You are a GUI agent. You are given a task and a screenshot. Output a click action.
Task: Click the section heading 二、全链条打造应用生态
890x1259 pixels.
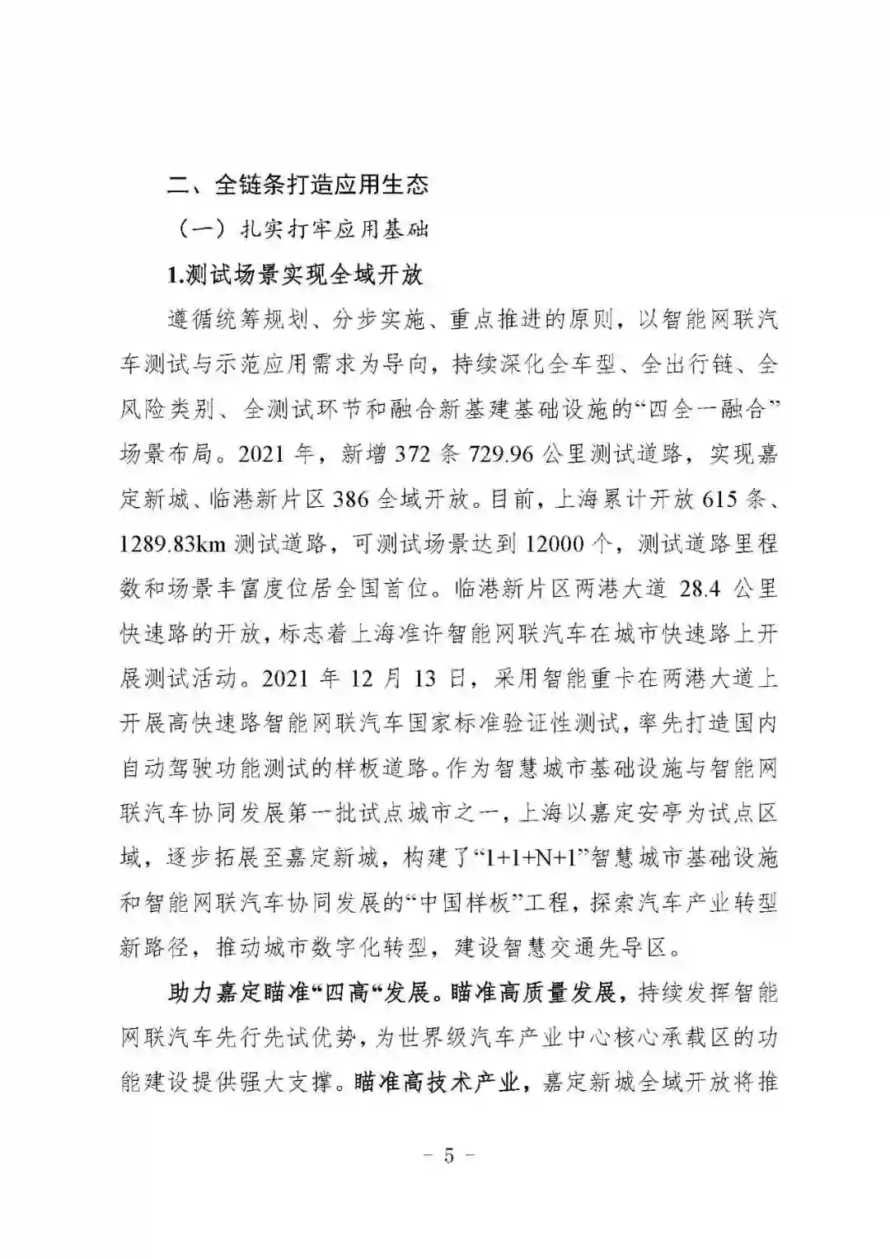298,183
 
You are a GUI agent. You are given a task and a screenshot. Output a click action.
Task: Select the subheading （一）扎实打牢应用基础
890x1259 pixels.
302,229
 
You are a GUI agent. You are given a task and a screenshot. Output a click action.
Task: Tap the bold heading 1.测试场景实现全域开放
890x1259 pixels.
295,275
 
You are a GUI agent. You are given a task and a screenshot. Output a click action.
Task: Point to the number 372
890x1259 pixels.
414,454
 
